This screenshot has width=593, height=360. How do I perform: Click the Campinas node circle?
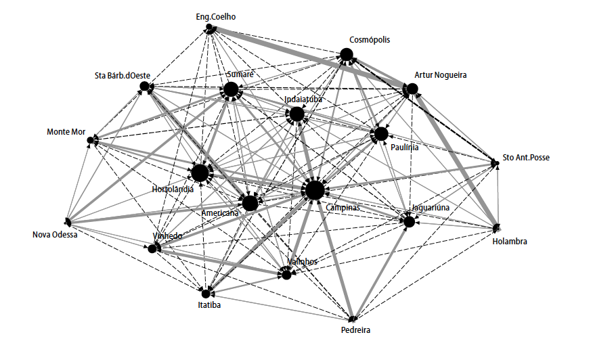[x=314, y=190]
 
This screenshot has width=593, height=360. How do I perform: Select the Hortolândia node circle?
[x=200, y=173]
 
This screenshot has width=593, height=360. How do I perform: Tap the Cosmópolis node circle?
[x=347, y=55]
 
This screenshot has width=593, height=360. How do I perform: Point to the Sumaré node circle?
[x=231, y=89]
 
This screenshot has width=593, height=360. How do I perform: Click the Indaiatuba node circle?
[x=296, y=114]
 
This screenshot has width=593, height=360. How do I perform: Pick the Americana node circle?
[x=250, y=202]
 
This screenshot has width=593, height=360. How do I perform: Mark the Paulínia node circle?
[x=381, y=134]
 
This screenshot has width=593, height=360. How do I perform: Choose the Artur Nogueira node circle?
[x=411, y=89]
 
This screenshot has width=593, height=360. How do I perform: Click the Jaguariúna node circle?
[x=409, y=221]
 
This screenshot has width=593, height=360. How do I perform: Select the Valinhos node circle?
[x=287, y=275]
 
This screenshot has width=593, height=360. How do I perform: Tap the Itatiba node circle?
[x=205, y=293]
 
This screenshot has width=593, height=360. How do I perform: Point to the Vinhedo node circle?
[x=152, y=248]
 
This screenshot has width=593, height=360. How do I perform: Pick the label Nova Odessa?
[x=56, y=235]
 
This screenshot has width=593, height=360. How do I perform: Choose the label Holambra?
[x=510, y=241]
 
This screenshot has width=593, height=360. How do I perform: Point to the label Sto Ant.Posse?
[x=526, y=158]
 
